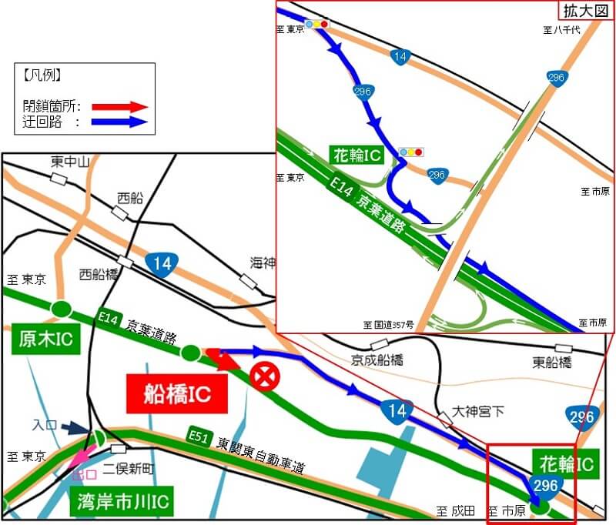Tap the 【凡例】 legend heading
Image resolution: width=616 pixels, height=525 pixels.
click(42, 76)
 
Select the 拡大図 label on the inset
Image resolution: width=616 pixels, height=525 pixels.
click(584, 10)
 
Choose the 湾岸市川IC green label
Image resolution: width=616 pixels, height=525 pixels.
click(121, 503)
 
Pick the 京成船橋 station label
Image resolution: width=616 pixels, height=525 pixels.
click(377, 359)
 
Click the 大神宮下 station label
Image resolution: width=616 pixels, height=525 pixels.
click(478, 411)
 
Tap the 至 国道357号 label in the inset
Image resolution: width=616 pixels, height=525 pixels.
click(389, 325)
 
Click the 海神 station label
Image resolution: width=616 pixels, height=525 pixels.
click(262, 262)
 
